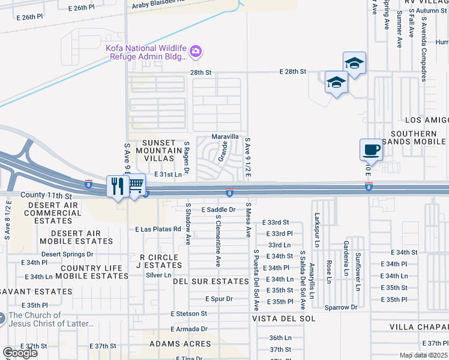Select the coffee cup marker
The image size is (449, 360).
point(371,149)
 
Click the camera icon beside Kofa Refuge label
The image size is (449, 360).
point(196,53)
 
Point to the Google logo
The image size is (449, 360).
point(20,353)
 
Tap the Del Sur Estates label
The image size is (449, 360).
point(211,281)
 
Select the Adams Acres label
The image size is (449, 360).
point(180,344)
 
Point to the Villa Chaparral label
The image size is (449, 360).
point(418,327)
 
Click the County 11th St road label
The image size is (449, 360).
point(46,196)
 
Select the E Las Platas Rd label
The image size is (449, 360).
point(158,229)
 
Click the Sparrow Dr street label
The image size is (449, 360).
point(342,307)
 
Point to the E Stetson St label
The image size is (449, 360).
point(188,313)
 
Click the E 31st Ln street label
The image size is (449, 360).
point(167,174)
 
